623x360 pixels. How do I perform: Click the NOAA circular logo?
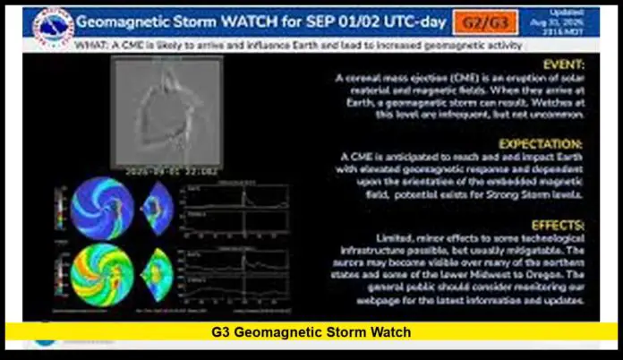(52, 28)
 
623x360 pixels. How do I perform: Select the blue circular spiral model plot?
(102, 208)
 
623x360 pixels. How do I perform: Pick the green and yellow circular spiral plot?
(101, 272)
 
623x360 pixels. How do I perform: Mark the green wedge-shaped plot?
(158, 272)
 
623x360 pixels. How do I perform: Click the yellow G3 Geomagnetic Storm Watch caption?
(311, 331)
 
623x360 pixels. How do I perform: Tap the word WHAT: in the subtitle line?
(92, 43)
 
